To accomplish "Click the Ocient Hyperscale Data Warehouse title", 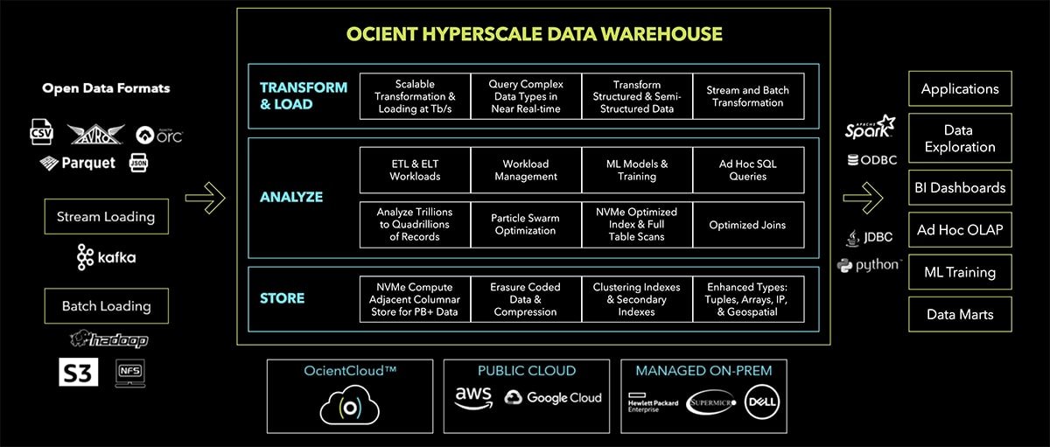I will click(534, 34).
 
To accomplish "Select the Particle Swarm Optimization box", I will click(526, 224).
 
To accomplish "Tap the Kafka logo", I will click(106, 257).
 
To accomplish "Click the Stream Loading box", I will click(106, 216).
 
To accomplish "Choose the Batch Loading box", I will click(106, 306).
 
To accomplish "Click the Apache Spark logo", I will click(870, 129).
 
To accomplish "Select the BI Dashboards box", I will click(960, 187).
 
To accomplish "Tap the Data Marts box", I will click(960, 314).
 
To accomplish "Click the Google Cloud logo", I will click(553, 398).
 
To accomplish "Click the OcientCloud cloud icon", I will click(349, 404).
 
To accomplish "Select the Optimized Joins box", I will click(747, 224).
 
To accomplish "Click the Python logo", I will click(869, 264).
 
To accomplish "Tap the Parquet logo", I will click(77, 163).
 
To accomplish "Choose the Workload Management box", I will click(526, 170).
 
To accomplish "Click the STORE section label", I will click(282, 298).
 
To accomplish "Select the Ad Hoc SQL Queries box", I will click(747, 170).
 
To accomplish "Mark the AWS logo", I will click(473, 398).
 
